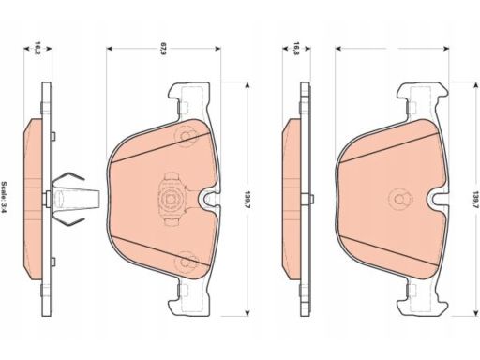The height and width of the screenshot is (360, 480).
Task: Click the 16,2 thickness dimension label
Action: pyautogui.click(x=37, y=48)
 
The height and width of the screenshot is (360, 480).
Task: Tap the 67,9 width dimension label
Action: pyautogui.click(x=162, y=48)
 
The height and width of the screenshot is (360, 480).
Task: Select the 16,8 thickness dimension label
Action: pyautogui.click(x=296, y=48)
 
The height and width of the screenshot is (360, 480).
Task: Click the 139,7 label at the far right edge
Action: pyautogui.click(x=476, y=200)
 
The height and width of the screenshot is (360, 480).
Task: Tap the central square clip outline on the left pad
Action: pyautogui.click(x=171, y=199)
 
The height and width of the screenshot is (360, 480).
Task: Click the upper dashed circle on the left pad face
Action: pyautogui.click(x=187, y=136)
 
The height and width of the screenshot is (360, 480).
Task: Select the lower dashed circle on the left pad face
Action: pyautogui.click(x=187, y=262)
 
